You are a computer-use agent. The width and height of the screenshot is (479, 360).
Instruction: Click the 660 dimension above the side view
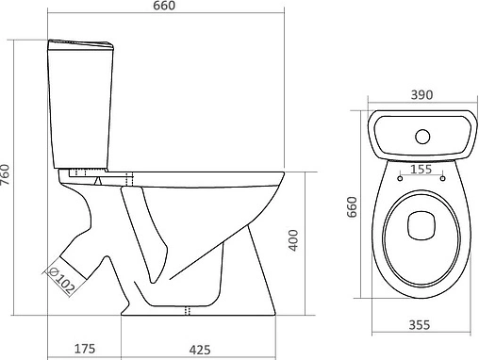tap(165, 8)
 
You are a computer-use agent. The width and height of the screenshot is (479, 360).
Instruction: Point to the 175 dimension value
tap(86, 350)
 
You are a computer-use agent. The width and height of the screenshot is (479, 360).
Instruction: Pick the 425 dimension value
tap(199, 350)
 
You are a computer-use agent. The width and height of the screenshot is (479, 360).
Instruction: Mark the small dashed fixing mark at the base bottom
tap(187, 310)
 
